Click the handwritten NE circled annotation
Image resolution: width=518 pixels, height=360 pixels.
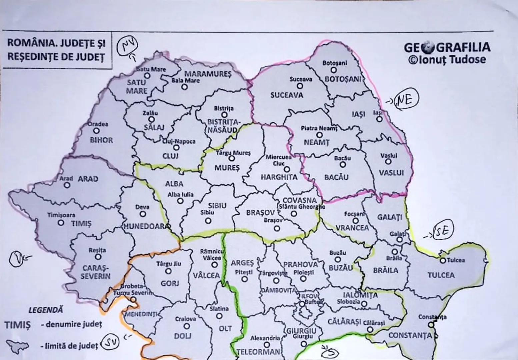pos(406,99)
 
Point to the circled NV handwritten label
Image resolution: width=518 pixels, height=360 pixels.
pos(126,46)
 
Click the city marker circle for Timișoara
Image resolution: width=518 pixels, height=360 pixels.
pos(61,223)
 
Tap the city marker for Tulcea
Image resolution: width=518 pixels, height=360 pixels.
pos(443,260)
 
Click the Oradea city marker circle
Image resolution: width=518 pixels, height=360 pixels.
pos(96,131)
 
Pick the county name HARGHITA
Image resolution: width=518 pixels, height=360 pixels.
pos(279,177)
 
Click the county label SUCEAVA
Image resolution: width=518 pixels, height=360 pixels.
pos(287,95)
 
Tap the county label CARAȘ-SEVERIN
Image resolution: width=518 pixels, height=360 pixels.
pos(95,272)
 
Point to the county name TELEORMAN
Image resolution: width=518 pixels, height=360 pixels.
pos(259,352)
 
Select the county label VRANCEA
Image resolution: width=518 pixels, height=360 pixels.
pos(352,228)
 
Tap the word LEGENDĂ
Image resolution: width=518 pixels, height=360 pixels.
pos(45,310)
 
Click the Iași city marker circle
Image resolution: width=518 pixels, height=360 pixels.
pos(379,119)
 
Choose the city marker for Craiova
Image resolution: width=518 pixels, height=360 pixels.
pos(187,326)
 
